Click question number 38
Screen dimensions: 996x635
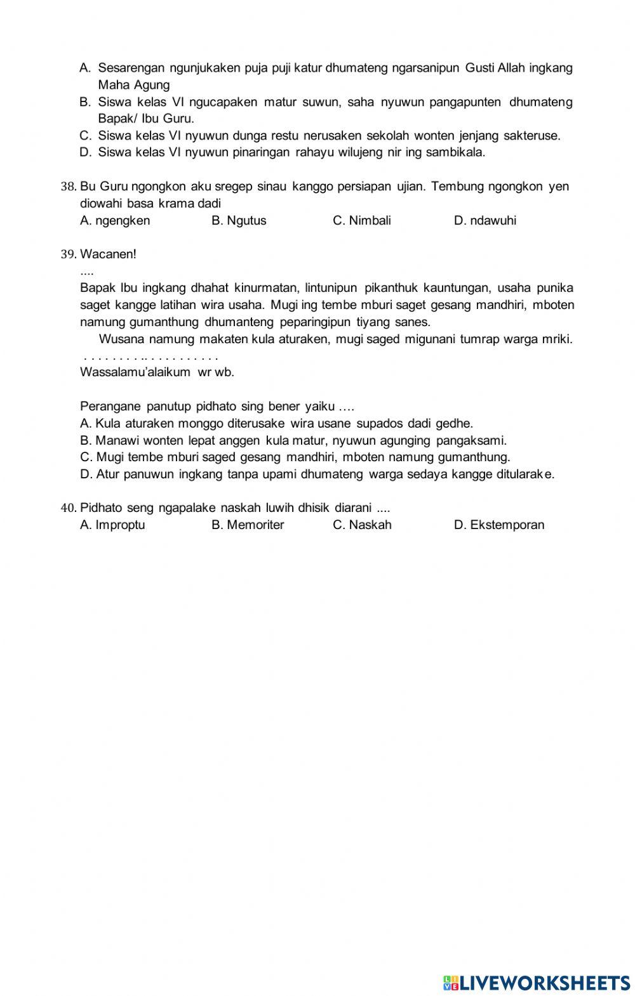(69, 187)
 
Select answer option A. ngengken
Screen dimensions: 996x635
(115, 221)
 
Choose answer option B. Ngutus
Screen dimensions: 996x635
(239, 221)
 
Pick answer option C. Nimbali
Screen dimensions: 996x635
(362, 221)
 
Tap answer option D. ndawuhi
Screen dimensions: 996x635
(485, 221)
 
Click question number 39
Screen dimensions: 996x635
(69, 254)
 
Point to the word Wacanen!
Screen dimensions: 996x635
(109, 254)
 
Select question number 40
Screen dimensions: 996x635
(69, 508)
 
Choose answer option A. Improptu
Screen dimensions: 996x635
(112, 525)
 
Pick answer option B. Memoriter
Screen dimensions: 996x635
(248, 525)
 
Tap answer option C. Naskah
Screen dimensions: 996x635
(362, 525)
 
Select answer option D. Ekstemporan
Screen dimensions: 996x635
(499, 525)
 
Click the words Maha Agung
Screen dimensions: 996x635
(134, 85)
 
